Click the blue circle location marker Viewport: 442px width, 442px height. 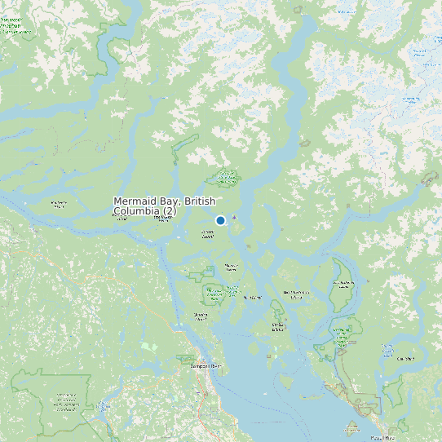coord(220,220)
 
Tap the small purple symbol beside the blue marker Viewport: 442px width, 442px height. coord(234,218)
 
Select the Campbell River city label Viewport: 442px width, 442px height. coord(204,366)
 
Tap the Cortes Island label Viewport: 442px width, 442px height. coord(277,327)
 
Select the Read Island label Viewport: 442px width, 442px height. coord(251,297)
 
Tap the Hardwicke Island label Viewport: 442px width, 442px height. coord(59,204)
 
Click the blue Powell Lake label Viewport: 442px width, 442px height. coord(405,358)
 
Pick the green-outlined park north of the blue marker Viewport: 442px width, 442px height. coord(224,176)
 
